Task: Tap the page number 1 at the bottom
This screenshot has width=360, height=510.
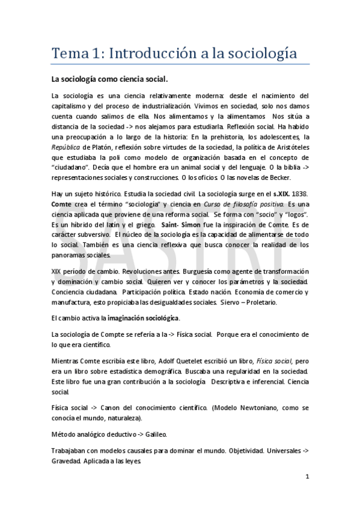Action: pos(307,477)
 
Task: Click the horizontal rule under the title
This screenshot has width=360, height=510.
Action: pos(180,64)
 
